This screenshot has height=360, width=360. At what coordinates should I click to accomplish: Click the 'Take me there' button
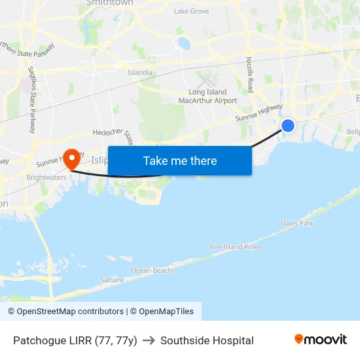(180, 161)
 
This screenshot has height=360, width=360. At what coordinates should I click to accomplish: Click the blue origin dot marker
(287, 126)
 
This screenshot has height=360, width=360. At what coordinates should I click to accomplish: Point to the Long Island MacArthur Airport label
(207, 96)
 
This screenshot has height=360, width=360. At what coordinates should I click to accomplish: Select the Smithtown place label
(110, 3)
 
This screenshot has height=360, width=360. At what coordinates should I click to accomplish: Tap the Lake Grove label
(191, 11)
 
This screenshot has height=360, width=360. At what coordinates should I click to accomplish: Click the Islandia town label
(140, 73)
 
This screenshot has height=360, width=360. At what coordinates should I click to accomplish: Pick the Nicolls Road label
(250, 74)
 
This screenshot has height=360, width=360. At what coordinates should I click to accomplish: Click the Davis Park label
(297, 224)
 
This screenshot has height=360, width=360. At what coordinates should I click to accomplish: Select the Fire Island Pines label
(235, 247)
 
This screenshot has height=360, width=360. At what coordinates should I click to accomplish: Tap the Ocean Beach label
(151, 270)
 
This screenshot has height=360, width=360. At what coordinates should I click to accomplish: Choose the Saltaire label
(112, 279)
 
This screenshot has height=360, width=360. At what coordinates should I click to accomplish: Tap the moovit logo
(321, 339)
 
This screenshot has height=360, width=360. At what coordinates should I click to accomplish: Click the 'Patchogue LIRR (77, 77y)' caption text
(75, 340)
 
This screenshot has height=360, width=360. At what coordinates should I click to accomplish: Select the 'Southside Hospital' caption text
(207, 340)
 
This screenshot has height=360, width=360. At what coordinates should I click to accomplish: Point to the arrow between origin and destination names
(149, 340)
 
